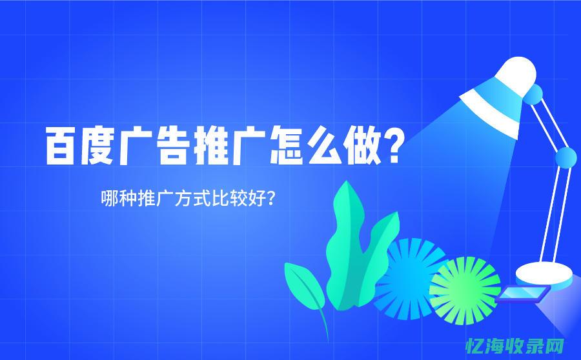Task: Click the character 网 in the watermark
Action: pyautogui.click(x=555, y=345)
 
